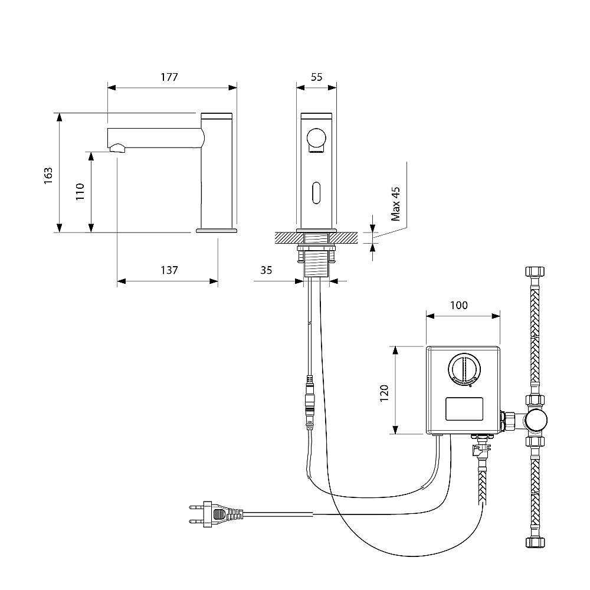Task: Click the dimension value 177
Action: (x=169, y=77)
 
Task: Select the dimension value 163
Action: (x=48, y=175)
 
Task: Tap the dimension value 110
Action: (x=80, y=192)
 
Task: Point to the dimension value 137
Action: (x=169, y=270)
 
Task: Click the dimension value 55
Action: (x=317, y=77)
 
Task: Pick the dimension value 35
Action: (x=266, y=270)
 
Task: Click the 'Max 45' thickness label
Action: (x=395, y=204)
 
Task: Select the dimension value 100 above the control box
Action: (x=459, y=305)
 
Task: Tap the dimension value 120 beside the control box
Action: (x=384, y=393)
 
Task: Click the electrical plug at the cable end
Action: (x=215, y=514)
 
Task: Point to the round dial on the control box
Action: (x=464, y=369)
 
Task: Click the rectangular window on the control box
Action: (x=464, y=409)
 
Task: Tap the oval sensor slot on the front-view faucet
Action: (x=316, y=193)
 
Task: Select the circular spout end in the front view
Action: (x=316, y=137)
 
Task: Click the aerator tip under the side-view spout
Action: (x=117, y=148)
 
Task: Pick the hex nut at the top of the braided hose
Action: (x=535, y=271)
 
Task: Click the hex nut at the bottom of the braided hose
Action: (x=535, y=542)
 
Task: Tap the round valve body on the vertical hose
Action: (x=536, y=420)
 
